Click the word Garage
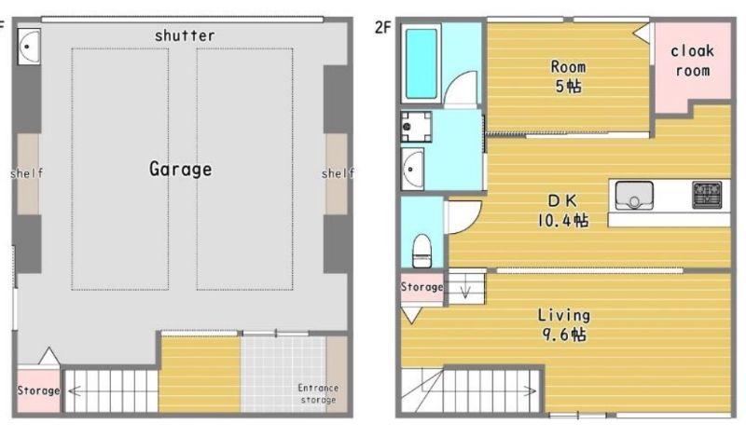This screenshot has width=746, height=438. [x=180, y=169]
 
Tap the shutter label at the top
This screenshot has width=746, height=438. [x=185, y=35]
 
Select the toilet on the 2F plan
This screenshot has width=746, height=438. [x=421, y=250]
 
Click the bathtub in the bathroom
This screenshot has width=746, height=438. [x=421, y=63]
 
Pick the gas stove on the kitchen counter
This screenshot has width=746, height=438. [x=707, y=195]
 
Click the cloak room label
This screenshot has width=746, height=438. [x=692, y=61]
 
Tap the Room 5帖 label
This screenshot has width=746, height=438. [x=568, y=76]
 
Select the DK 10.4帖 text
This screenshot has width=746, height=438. [x=563, y=211]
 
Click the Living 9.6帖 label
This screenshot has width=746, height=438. [x=564, y=324]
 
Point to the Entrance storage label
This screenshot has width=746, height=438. [x=318, y=394]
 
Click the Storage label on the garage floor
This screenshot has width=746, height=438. [x=38, y=390]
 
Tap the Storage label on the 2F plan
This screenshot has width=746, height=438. [x=421, y=287]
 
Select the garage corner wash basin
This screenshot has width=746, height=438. [x=29, y=47]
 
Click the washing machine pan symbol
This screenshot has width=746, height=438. [x=416, y=127]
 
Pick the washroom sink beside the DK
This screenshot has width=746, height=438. [x=412, y=169]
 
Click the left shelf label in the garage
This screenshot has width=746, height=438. [x=27, y=173]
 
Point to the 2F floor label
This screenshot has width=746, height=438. [x=382, y=28]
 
